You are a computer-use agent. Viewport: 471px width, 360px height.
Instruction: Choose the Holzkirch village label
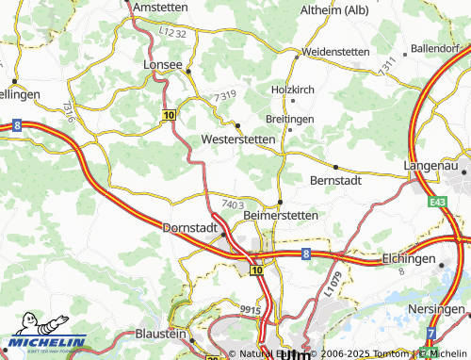(291, 89)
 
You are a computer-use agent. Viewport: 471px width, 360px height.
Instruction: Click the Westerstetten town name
(238, 139)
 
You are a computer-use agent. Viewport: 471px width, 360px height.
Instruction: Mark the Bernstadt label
(335, 179)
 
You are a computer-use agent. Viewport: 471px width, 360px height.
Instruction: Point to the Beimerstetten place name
(281, 215)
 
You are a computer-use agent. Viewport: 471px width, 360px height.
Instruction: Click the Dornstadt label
(190, 228)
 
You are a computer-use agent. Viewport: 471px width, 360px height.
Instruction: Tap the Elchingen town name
(411, 257)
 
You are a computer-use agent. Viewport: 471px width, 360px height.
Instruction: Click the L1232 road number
(172, 33)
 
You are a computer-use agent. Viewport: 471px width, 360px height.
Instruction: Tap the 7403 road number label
(234, 204)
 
